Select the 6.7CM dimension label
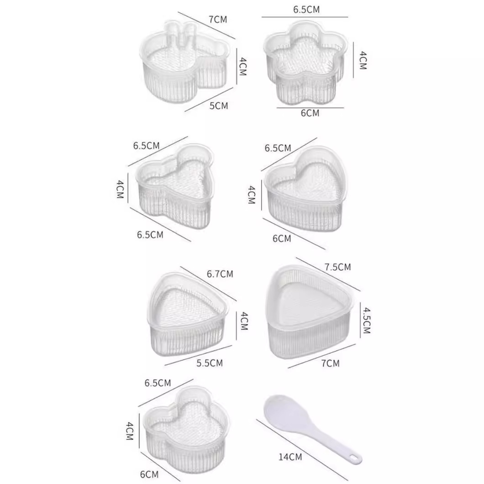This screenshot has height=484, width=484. click(x=220, y=274)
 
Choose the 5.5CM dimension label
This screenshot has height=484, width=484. click(x=209, y=363)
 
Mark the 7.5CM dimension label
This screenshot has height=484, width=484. click(x=337, y=267)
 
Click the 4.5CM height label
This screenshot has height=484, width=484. click(x=366, y=320)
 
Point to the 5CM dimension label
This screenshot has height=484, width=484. click(x=219, y=106)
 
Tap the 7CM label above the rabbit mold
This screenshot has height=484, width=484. click(x=217, y=19)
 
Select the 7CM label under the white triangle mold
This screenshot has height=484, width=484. click(x=330, y=363)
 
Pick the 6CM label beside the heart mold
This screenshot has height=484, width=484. click(x=282, y=238)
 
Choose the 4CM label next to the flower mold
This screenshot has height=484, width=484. click(x=363, y=60)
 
